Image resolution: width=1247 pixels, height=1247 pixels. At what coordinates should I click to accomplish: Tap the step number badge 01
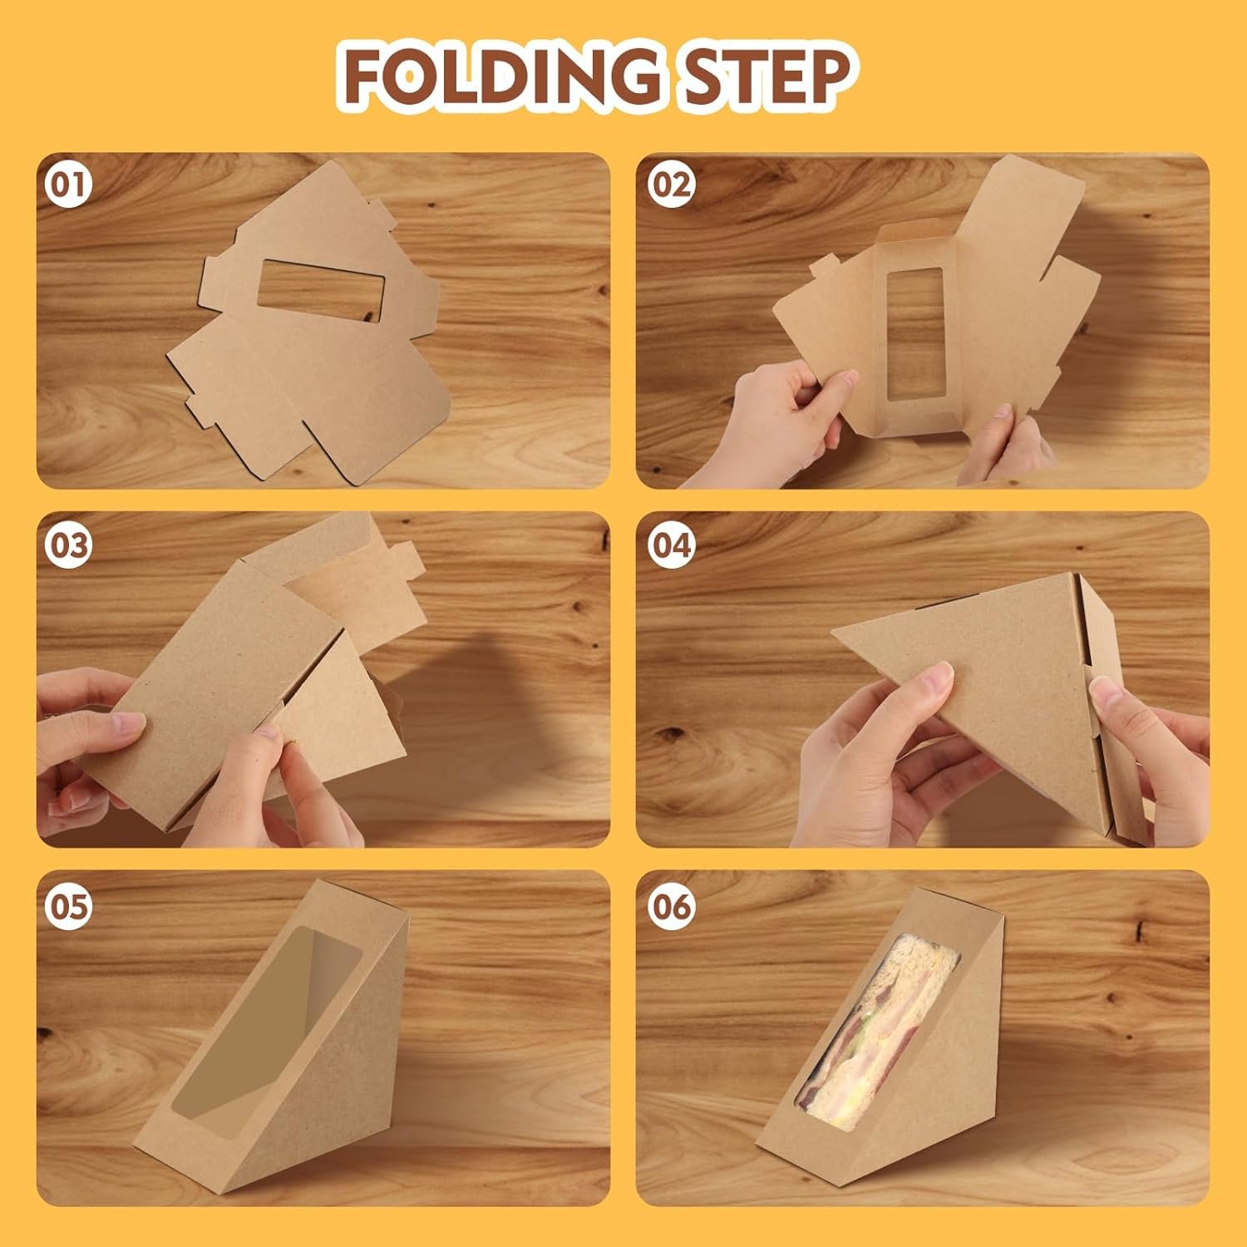(x=69, y=185)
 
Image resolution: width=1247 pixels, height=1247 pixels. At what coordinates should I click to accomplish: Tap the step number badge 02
(x=670, y=185)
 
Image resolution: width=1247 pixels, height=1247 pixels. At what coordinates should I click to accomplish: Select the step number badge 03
(x=69, y=546)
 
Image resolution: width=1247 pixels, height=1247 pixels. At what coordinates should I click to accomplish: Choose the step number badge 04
(x=670, y=546)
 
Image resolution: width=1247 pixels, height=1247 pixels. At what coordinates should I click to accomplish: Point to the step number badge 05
(x=69, y=906)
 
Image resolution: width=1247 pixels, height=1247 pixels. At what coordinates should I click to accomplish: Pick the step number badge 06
(x=670, y=906)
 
